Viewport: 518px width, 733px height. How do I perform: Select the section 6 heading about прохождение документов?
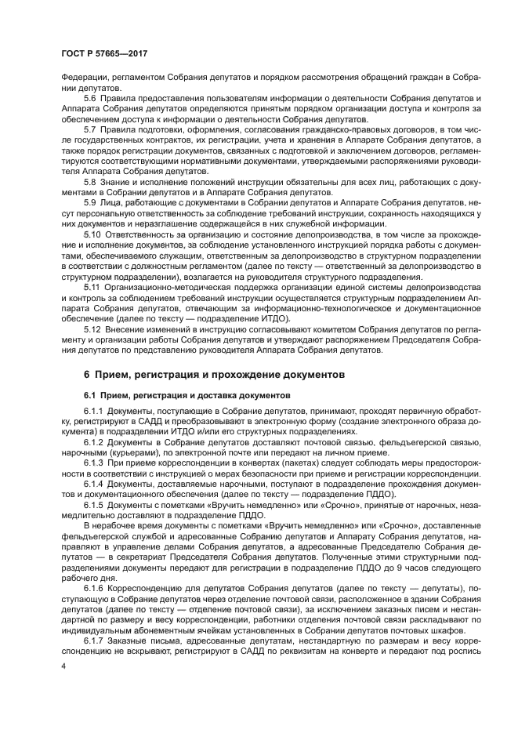(214, 376)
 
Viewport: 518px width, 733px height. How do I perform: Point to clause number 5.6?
(91, 96)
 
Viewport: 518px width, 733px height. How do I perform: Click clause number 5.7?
(91, 129)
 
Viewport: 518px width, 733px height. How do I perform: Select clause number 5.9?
(91, 202)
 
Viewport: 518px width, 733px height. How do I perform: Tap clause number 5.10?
(93, 234)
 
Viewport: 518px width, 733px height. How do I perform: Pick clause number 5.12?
(93, 329)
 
